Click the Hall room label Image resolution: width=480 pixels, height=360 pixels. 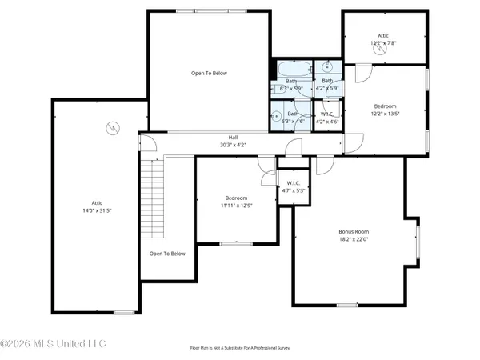(234, 138)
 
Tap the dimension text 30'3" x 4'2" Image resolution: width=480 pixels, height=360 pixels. (234, 145)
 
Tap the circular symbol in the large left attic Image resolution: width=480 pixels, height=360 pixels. (112, 128)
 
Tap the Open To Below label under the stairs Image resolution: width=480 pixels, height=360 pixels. (167, 254)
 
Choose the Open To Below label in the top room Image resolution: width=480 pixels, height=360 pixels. (209, 74)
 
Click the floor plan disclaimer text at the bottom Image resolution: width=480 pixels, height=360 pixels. (240, 348)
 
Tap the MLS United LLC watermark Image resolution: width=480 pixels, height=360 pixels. (53, 344)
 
